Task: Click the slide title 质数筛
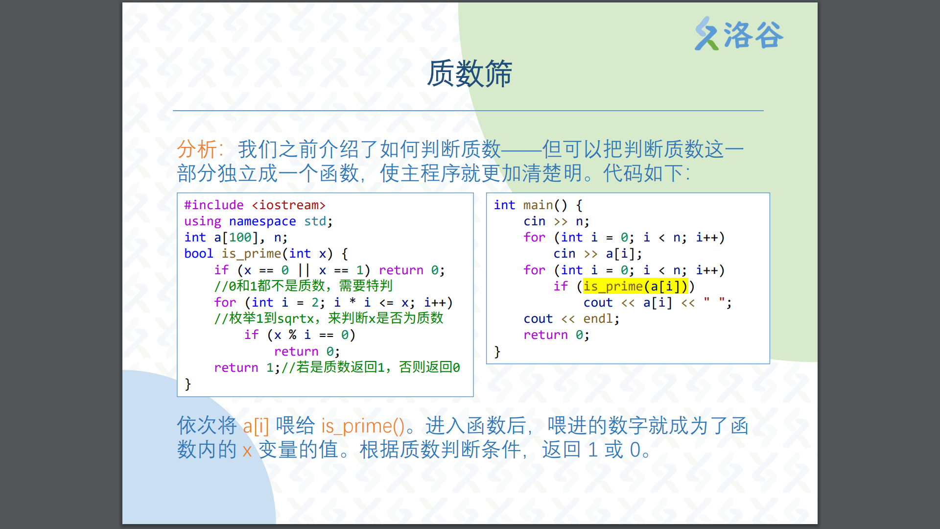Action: click(470, 74)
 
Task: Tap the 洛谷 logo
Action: click(739, 34)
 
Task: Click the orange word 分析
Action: click(196, 149)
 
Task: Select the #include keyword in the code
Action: click(214, 205)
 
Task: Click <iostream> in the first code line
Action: click(289, 205)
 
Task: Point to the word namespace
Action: click(262, 221)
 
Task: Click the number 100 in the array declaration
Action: click(240, 238)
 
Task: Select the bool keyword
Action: click(199, 254)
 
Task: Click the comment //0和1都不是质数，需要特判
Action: click(304, 286)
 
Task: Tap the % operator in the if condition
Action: click(292, 335)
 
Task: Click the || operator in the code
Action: click(304, 270)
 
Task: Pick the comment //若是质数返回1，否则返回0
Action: click(371, 367)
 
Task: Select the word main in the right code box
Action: click(538, 205)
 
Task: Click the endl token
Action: click(598, 319)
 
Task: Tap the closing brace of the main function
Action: click(497, 352)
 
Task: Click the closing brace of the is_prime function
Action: click(188, 384)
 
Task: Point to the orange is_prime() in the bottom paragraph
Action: click(363, 426)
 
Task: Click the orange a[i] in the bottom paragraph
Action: click(256, 426)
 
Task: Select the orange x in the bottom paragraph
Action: click(247, 450)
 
